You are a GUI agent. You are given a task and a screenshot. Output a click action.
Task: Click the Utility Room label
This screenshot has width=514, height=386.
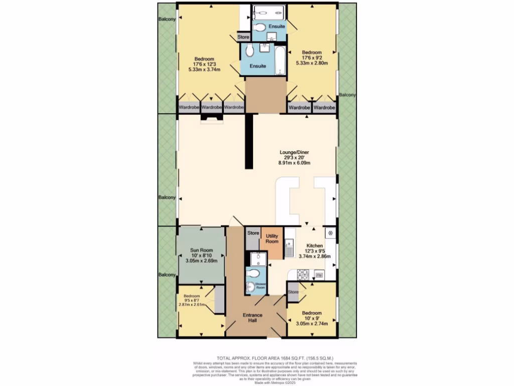(x=272, y=239)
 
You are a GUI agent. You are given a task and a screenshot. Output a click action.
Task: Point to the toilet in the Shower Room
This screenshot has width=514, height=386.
(x=254, y=273)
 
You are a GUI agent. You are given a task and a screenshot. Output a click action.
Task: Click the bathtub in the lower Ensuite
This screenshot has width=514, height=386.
(x=280, y=60)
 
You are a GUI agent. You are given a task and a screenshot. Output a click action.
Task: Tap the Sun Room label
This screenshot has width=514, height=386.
(x=201, y=250)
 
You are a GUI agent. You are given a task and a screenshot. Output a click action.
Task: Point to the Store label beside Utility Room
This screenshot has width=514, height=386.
(x=253, y=233)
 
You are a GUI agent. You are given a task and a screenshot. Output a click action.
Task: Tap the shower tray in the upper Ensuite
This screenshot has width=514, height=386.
(x=269, y=12)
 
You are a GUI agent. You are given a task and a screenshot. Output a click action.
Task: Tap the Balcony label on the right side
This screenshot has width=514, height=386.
(x=347, y=94)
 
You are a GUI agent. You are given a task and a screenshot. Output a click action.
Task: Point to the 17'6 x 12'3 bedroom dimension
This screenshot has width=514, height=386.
(x=205, y=64)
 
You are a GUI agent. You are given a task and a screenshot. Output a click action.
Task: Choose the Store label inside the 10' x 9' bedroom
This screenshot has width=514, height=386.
(x=293, y=292)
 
